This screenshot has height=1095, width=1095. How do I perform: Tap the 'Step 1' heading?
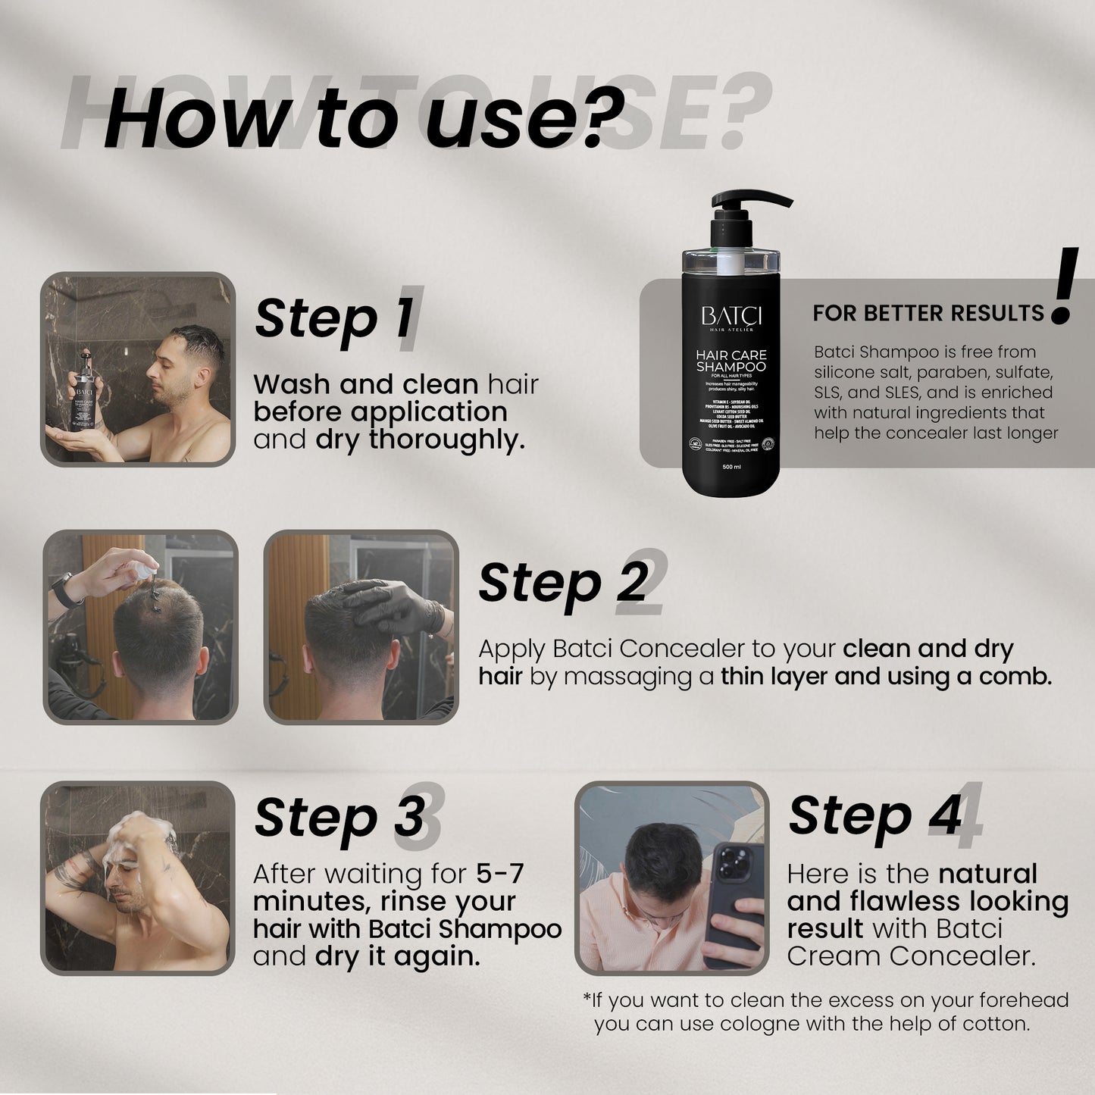(x=334, y=318)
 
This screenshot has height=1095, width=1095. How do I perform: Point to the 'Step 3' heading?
(x=339, y=817)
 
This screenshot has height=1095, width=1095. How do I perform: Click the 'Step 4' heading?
(x=874, y=815)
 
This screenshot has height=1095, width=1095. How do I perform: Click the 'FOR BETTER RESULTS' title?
(x=928, y=313)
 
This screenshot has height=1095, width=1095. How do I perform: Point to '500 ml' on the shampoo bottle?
(x=731, y=467)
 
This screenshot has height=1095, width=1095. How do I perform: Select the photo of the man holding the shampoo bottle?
(x=137, y=369)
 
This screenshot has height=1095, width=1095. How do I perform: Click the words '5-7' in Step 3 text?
(x=499, y=874)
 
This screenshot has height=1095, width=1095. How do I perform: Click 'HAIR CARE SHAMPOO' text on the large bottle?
(x=731, y=361)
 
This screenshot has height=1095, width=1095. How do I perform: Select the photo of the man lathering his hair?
(x=137, y=878)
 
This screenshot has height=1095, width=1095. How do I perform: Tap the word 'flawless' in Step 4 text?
(x=910, y=901)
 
